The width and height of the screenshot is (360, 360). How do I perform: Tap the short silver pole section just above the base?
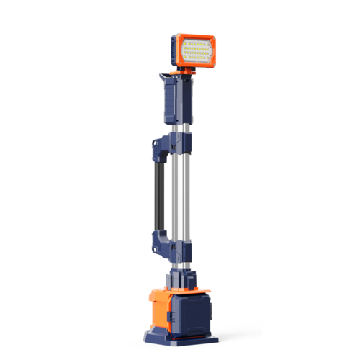click(x=182, y=267)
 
